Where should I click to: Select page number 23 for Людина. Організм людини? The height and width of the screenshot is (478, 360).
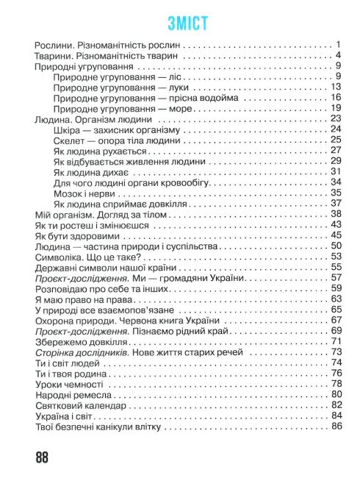tap(337, 118)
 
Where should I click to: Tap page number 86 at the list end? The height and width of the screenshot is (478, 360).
tap(337, 427)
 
